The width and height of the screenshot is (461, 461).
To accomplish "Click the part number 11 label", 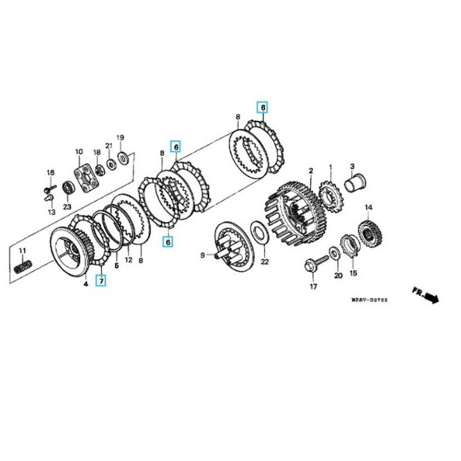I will [x=22, y=251].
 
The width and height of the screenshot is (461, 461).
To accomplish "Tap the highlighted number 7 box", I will [x=101, y=281].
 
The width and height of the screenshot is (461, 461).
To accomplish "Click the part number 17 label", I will [x=313, y=286].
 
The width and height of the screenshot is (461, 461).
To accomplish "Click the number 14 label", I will [x=368, y=207].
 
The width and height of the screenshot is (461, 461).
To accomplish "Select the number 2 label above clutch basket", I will [x=311, y=171].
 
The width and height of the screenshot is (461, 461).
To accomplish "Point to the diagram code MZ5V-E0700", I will [x=370, y=300].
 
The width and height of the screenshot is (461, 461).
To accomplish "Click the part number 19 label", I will [x=120, y=138].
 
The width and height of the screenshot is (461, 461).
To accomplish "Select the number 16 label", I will [x=50, y=173].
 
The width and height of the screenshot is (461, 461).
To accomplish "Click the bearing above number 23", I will [x=67, y=188].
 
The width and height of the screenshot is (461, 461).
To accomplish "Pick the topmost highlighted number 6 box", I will [x=262, y=107].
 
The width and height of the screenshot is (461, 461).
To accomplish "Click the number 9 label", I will [x=203, y=255].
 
